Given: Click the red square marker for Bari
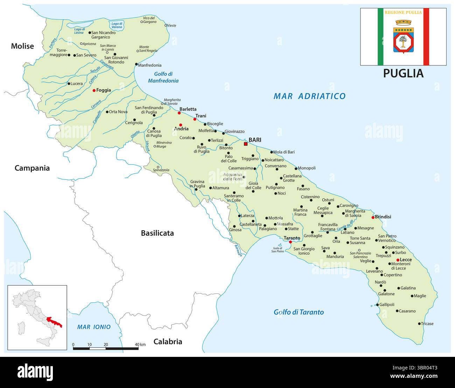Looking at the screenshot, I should coord(245,144).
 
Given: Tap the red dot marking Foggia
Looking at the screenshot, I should coord(94,90).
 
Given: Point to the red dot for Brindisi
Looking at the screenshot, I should coord(373,217).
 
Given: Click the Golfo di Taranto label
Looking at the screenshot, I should coord(299,312).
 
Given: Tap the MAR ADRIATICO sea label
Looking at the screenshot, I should coord(309,96).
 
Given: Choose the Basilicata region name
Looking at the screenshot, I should coord(157,233).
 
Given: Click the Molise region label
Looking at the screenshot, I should coord(22,46).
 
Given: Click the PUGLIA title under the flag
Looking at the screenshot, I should coord(403,73).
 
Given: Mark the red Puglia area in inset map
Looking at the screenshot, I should coord(54,321).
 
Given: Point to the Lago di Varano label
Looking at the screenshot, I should coord(116,25).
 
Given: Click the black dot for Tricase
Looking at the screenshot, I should coord(419,324).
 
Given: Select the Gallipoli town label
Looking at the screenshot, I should coord(387,304).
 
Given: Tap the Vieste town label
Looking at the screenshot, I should coord(171,26).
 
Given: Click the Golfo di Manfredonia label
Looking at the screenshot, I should coord(163,77).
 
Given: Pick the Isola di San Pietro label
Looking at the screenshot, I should coord(278,250).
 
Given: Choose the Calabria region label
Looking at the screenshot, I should coord(168,341).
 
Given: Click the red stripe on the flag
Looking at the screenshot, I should coord(426,37).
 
